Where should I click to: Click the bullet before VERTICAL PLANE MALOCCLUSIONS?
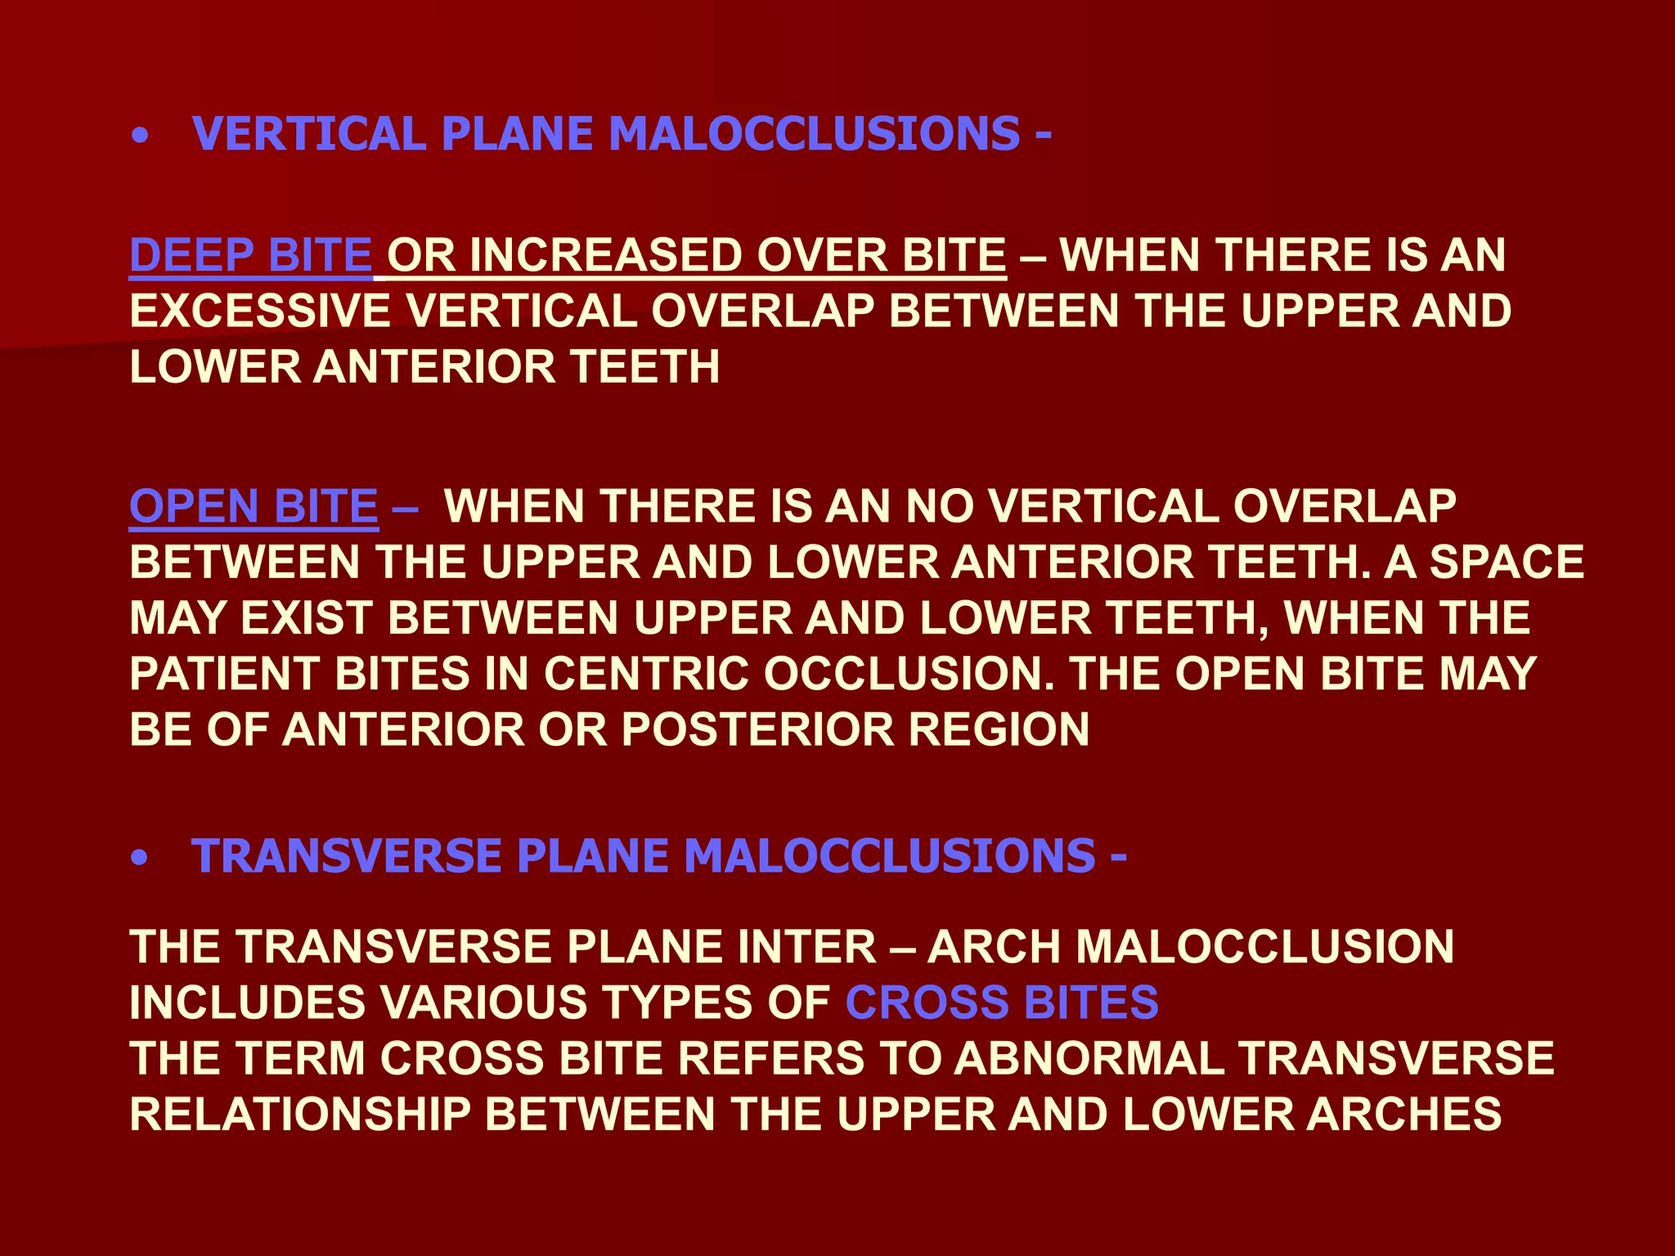click(x=141, y=137)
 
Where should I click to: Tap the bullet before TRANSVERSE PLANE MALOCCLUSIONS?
click(x=141, y=859)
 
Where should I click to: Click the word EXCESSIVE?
click(x=260, y=311)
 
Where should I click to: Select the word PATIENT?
click(x=224, y=673)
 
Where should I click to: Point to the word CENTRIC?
click(x=646, y=673)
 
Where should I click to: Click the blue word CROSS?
click(x=927, y=1002)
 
